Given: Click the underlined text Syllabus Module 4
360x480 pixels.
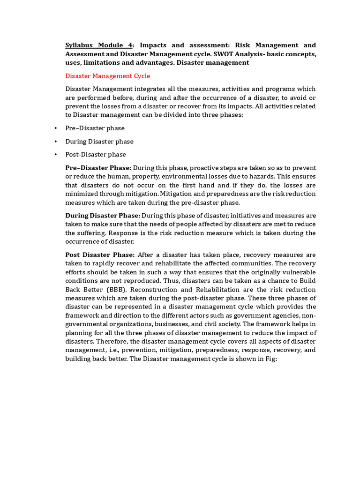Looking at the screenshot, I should (99, 45).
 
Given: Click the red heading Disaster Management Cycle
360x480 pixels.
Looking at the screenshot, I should (107, 76).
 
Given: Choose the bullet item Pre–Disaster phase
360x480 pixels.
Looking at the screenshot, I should (95, 128).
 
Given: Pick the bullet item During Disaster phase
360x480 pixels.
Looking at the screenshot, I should (99, 141).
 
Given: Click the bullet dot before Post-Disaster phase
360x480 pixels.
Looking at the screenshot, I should (55, 155).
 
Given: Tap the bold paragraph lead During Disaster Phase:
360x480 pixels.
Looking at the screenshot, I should (102, 216).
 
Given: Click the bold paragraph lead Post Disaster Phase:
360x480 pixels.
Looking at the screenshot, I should (100, 255).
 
